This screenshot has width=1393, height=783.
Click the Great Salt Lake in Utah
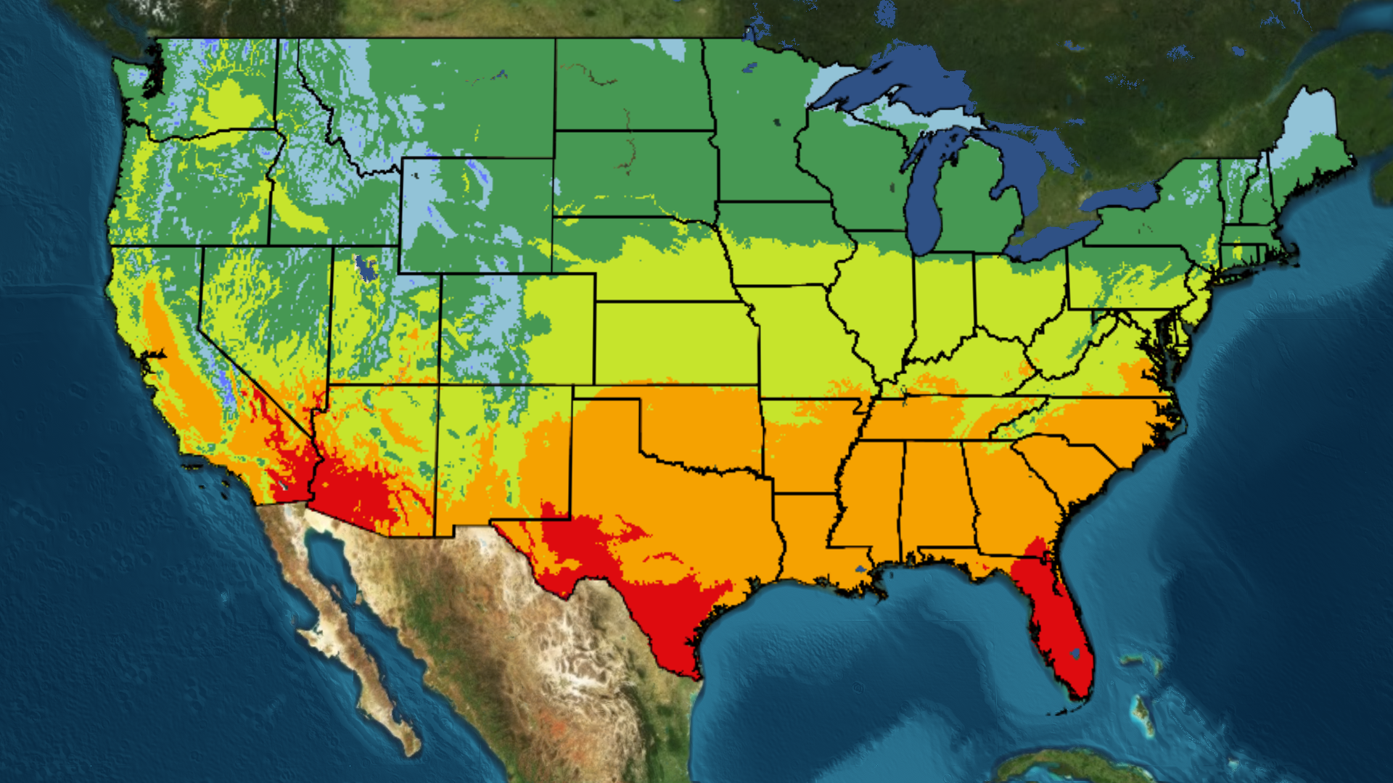tap(365, 268)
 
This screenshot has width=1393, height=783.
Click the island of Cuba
tap(1074, 765)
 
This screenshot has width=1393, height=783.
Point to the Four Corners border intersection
tap(439, 384)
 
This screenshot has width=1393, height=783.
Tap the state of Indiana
tap(943, 304)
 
